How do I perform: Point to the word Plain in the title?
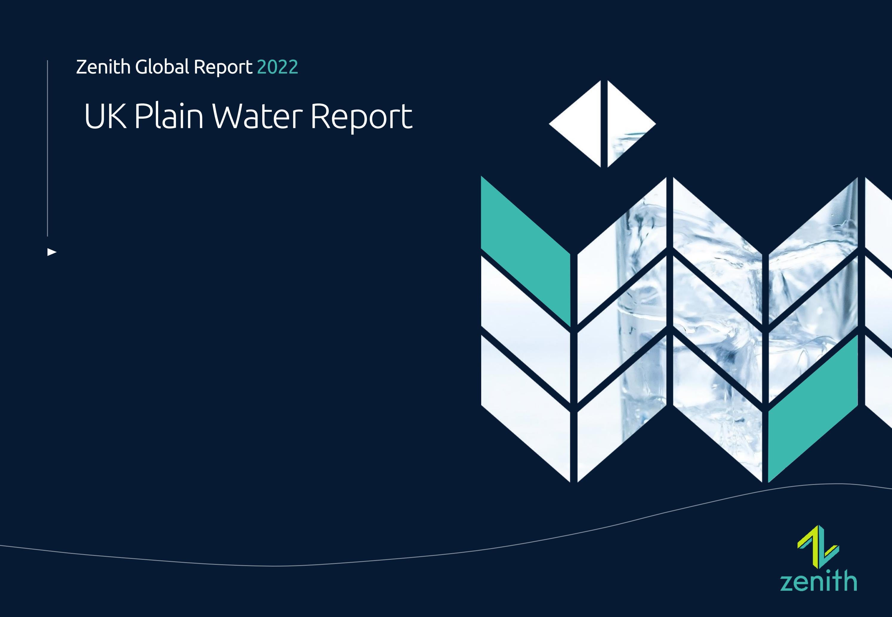[169, 116]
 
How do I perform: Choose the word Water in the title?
[257, 116]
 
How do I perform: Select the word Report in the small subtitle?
[223, 68]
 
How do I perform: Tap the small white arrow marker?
[51, 252]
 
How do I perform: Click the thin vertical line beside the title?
[47, 147]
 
